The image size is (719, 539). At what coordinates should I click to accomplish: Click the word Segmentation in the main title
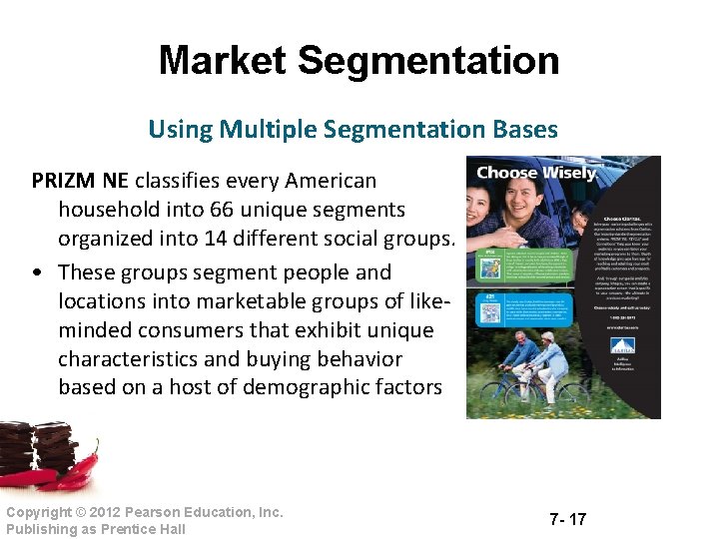tap(428, 61)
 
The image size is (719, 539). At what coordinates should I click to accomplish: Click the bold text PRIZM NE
tap(79, 181)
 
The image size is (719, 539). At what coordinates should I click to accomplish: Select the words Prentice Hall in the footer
tap(143, 529)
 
